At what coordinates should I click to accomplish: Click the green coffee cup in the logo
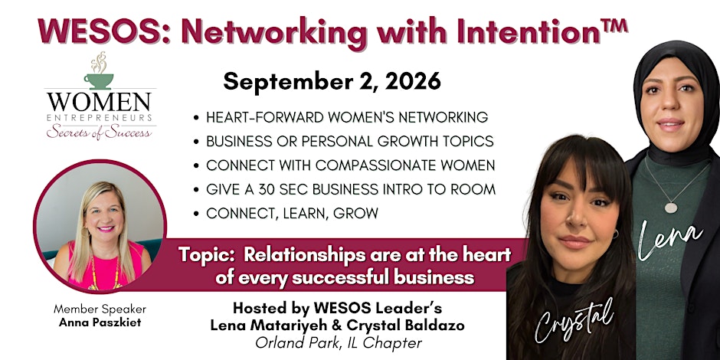[x=98, y=81]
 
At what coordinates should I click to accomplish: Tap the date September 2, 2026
[x=332, y=82]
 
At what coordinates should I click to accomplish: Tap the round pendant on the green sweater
[x=671, y=208]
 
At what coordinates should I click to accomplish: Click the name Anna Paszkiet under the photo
[x=100, y=322]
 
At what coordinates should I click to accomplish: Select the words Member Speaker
[x=100, y=309]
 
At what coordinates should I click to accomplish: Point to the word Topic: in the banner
[x=207, y=254]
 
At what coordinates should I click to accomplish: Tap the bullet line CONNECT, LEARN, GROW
[x=292, y=213]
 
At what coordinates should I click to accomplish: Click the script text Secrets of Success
[x=99, y=132]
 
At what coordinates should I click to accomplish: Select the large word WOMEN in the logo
[x=99, y=103]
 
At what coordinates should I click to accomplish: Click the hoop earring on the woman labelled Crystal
[x=614, y=234]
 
